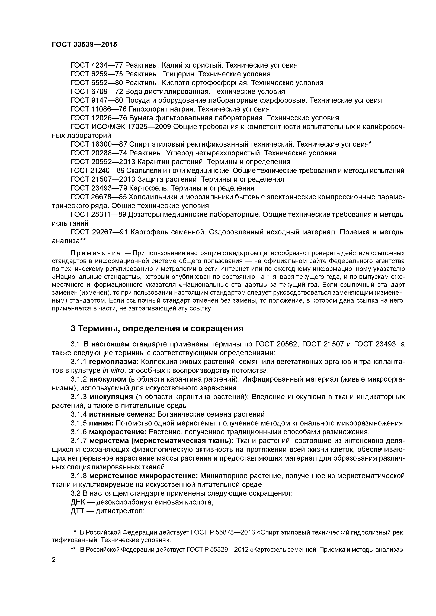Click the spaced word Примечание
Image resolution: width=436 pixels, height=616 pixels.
[x=95, y=253]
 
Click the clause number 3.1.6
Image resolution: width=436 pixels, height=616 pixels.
[x=79, y=432]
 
